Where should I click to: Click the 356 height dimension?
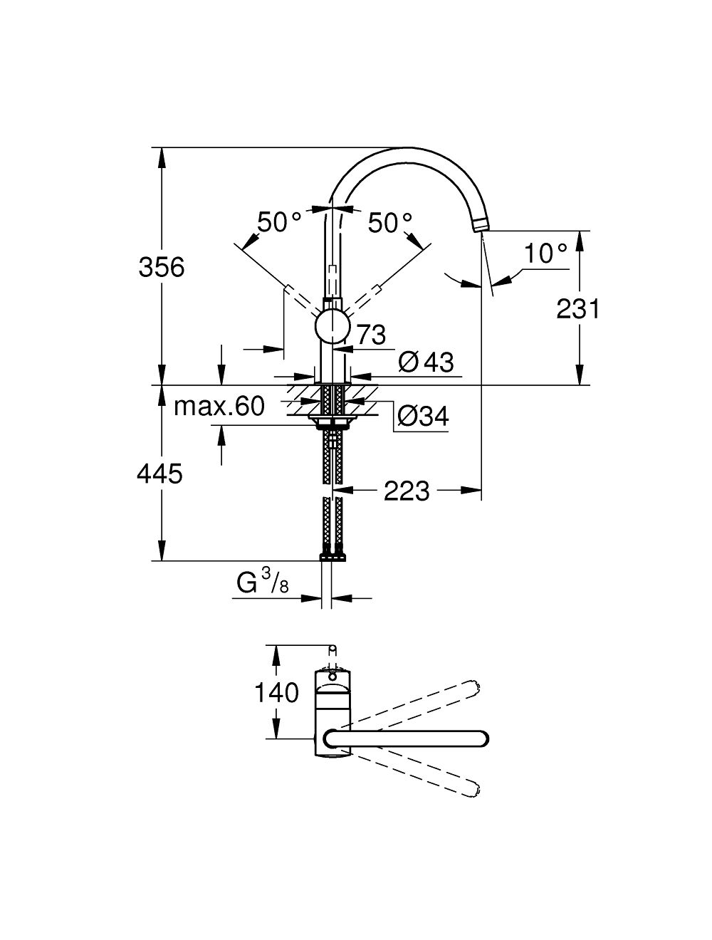(162, 268)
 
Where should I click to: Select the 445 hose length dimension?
(160, 473)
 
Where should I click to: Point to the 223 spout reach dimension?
(407, 491)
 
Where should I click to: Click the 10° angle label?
(545, 254)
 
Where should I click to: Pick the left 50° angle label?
(279, 223)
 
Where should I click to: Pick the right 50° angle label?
(390, 224)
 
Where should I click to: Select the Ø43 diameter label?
(426, 362)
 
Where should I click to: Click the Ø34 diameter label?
(422, 416)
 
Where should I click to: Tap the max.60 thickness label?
(219, 407)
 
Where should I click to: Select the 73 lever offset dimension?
(370, 333)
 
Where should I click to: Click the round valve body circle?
(332, 328)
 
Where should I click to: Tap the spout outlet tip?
(480, 226)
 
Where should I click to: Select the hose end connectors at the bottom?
(332, 553)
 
